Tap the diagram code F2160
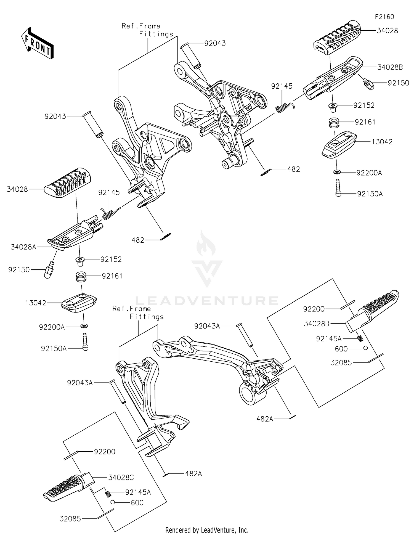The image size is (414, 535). pos(384,17)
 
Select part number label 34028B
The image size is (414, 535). pos(390,67)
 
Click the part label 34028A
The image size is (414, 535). pos(23,247)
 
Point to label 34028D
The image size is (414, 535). pos(317,324)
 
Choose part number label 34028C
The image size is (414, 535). pos(121,477)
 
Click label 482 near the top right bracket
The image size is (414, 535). pos(293,169)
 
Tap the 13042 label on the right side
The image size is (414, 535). pos(382,142)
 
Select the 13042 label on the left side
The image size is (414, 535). pos(36,303)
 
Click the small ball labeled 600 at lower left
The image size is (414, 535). pos(113,502)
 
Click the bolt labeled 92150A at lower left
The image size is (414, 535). pos(85,341)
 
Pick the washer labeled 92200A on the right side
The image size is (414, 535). pos(337,172)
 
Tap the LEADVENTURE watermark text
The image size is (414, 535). pos(207,301)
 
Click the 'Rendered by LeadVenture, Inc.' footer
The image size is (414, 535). pos(207,530)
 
